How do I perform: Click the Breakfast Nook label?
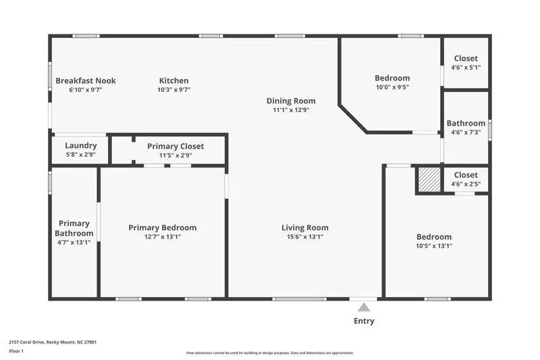point(86,80)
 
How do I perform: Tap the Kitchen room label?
point(173,80)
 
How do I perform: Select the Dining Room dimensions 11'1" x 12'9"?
point(291,110)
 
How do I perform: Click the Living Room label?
point(305,228)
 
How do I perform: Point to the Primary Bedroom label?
point(163,228)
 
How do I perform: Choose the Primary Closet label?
point(175,146)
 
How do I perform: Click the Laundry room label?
point(80,145)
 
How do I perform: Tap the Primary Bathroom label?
point(74,228)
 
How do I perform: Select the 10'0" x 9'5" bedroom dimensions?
point(392,87)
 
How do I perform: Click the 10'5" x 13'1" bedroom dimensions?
point(434,246)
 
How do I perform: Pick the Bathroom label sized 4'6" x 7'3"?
point(466,124)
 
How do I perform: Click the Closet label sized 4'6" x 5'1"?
point(466,59)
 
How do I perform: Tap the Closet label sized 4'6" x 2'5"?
point(466,175)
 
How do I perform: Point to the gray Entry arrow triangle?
point(364,307)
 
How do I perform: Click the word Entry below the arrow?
point(364,321)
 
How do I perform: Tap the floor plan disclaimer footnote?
point(269,353)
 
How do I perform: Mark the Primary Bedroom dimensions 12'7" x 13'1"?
point(163,237)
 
